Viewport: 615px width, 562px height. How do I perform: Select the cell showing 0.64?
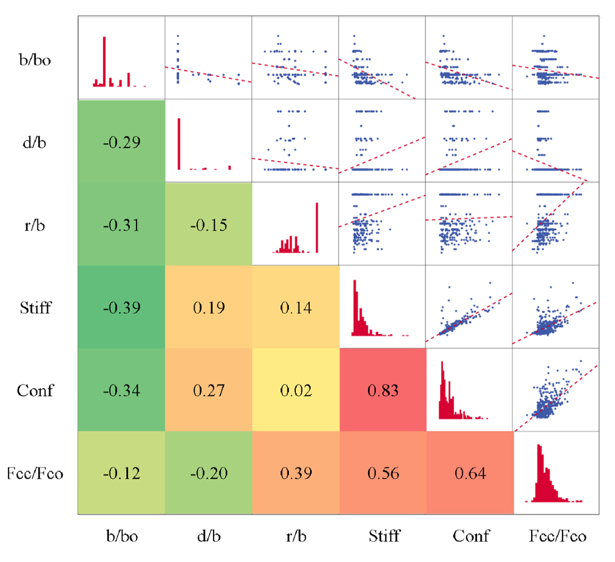coord(470,474)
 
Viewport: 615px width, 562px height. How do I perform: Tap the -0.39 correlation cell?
coord(121,308)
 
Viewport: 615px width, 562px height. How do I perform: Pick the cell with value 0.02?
coord(295,390)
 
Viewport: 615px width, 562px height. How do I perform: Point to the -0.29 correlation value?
coord(121,142)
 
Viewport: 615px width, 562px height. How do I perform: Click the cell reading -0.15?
coord(209,225)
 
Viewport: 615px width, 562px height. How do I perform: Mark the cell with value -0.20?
coord(209,474)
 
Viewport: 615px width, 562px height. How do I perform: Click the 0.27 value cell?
coord(209,390)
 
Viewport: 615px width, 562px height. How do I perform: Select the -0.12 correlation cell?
coord(121,474)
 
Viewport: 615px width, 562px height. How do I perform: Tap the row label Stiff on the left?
coord(35,308)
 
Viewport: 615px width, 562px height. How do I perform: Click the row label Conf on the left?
coord(35,390)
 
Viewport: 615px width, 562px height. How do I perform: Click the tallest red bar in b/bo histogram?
coord(104,62)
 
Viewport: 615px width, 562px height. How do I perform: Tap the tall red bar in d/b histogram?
coord(179,144)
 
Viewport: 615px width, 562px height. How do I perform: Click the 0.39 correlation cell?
coord(295,474)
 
